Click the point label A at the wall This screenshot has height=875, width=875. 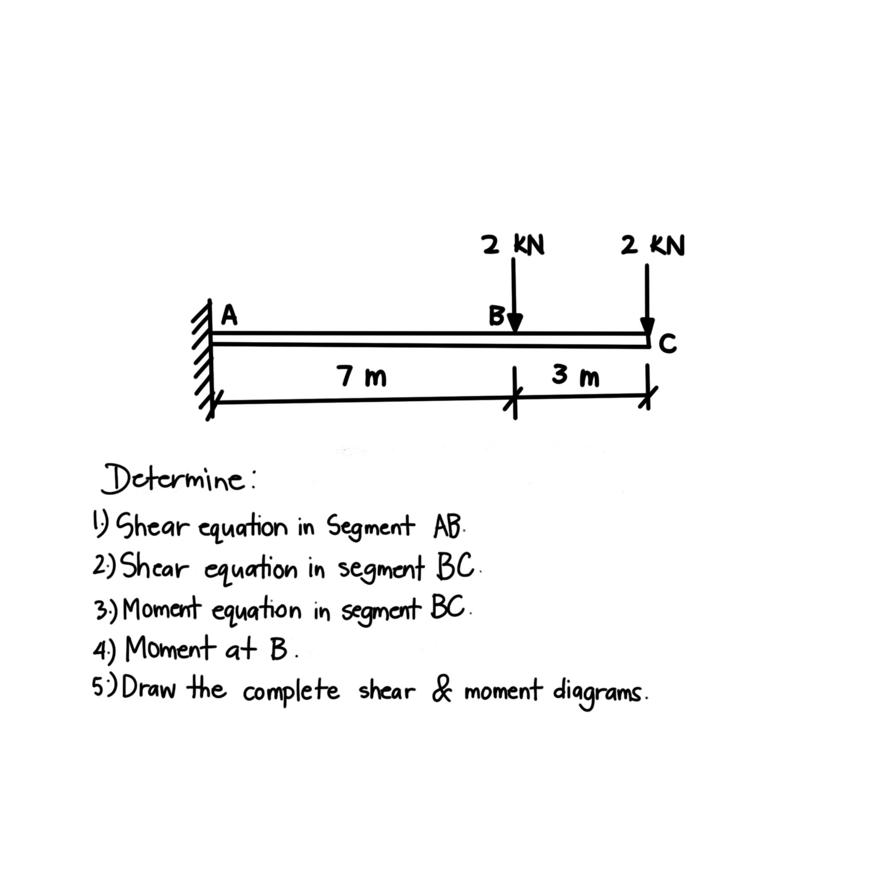[229, 315]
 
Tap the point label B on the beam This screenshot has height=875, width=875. [496, 316]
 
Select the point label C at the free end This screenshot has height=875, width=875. [668, 344]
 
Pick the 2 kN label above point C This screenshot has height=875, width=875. [653, 246]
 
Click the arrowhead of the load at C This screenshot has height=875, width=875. [647, 326]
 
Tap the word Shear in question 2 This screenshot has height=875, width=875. [154, 568]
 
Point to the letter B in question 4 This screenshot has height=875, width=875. [278, 650]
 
